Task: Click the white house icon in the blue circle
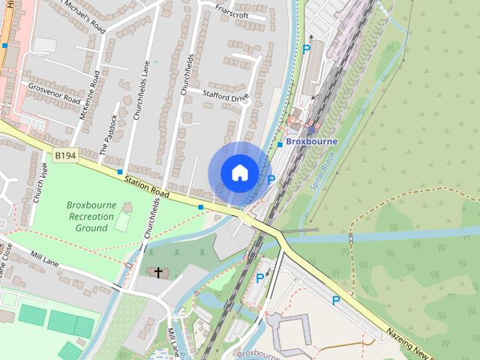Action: click(x=238, y=173)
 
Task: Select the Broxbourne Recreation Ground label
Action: click(x=90, y=216)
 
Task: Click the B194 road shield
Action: click(x=65, y=155)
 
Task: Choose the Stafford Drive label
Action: click(x=225, y=97)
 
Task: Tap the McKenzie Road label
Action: click(x=88, y=95)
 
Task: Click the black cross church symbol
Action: click(x=157, y=272)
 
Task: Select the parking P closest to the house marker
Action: click(x=271, y=179)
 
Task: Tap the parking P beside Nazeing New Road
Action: click(x=336, y=301)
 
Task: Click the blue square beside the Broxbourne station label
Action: click(x=280, y=144)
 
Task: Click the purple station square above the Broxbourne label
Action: click(x=312, y=130)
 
